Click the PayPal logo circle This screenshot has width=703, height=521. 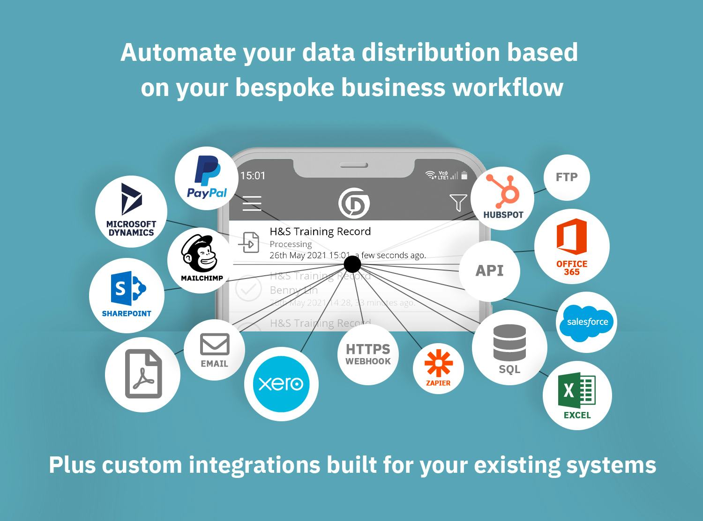(207, 178)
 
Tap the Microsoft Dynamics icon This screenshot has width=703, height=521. (131, 211)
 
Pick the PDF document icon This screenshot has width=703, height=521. (143, 374)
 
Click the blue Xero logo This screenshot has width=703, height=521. (281, 384)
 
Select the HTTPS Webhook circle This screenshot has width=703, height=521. (368, 354)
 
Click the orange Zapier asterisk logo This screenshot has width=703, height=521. (438, 368)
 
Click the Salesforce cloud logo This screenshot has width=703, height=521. (587, 322)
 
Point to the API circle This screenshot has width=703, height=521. (489, 271)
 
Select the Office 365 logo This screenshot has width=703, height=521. (572, 246)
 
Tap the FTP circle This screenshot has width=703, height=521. (567, 177)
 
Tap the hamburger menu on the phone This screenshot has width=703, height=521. (252, 203)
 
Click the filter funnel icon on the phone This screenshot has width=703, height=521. (458, 203)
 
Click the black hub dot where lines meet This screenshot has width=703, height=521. (352, 264)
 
